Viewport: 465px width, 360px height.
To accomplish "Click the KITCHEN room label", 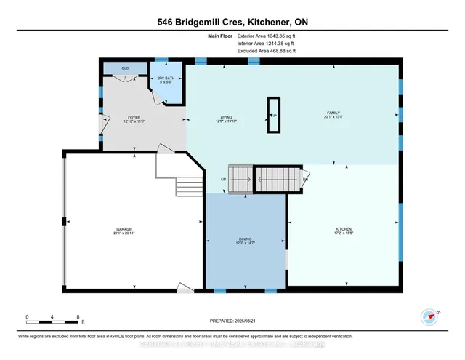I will [x=344, y=230].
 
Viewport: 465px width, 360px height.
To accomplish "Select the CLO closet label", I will [x=126, y=68].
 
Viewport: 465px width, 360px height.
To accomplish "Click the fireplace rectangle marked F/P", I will [x=274, y=116].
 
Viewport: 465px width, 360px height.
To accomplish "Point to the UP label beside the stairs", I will [x=224, y=179].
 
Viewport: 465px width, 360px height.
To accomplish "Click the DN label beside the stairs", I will [x=306, y=179].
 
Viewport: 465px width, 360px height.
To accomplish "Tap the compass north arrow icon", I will [x=428, y=316].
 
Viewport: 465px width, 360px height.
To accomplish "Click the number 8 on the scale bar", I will [x=77, y=316].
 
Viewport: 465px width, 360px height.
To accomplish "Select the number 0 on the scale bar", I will [x=27, y=316].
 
